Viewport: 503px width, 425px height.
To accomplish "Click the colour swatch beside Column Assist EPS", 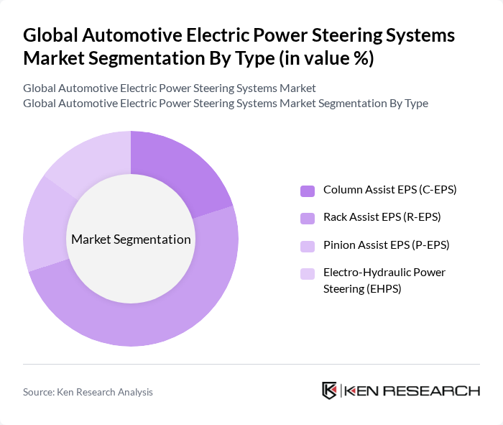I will tap(308, 191).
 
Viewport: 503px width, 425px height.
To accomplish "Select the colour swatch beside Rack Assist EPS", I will tap(308, 218).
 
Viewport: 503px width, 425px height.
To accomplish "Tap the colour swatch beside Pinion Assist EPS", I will tap(308, 245).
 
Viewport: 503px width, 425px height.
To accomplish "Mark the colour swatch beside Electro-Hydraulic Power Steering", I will tap(308, 273).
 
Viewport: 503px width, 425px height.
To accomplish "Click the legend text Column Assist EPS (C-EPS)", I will tap(389, 190).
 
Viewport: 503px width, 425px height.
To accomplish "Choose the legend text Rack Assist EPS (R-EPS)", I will tap(382, 217).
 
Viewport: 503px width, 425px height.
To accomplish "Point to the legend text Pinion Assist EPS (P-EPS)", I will tap(386, 245).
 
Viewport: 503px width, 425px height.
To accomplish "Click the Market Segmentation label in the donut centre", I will tap(131, 239).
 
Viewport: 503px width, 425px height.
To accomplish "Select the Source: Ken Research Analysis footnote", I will tap(88, 392).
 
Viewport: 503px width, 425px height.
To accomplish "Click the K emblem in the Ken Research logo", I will tap(330, 390).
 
